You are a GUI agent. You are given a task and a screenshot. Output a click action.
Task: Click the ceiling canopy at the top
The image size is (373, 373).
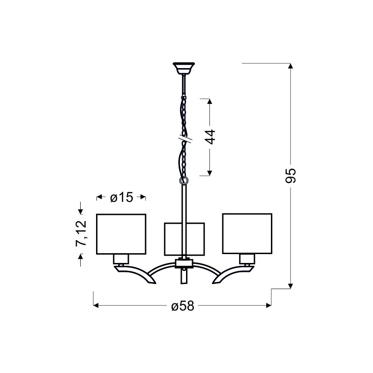click(184, 68)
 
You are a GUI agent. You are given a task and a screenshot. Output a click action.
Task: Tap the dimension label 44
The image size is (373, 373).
click(210, 137)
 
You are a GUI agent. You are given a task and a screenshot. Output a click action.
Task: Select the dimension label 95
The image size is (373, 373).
click(290, 176)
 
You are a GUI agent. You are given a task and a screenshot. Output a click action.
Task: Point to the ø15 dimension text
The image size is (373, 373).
click(122, 197)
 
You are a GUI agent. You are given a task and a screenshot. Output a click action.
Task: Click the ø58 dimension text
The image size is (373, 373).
click(183, 306)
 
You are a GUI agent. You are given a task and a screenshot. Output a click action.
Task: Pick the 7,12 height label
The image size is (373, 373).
click(81, 233)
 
